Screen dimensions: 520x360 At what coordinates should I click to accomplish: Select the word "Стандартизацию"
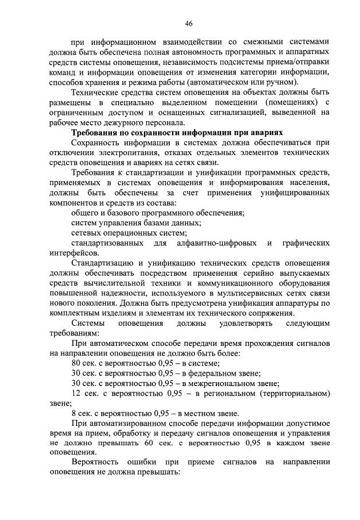[x=104, y=264]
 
